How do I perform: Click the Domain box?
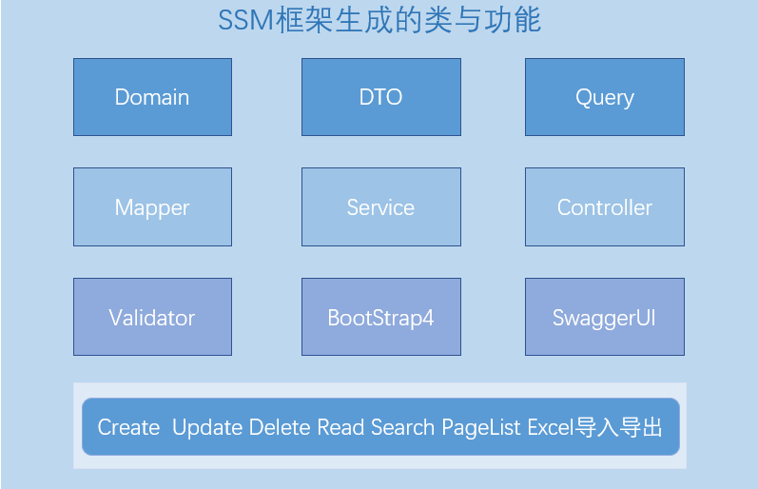(x=153, y=97)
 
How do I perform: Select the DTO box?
(x=381, y=97)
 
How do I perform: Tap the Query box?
(x=605, y=97)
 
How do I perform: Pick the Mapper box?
(x=153, y=207)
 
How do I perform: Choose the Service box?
(x=381, y=207)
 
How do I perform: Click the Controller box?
(x=605, y=207)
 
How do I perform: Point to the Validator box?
(x=153, y=317)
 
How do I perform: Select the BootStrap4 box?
(x=381, y=317)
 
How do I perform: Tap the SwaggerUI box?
(x=605, y=317)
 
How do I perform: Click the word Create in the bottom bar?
(x=128, y=427)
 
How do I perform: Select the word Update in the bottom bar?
(x=207, y=428)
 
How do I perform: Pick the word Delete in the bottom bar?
(x=280, y=427)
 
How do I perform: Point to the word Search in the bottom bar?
(x=402, y=427)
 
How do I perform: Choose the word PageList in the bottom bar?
(x=481, y=428)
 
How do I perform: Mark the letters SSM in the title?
(x=246, y=21)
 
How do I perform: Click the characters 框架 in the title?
(x=304, y=21)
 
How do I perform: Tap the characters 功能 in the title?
(x=513, y=21)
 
